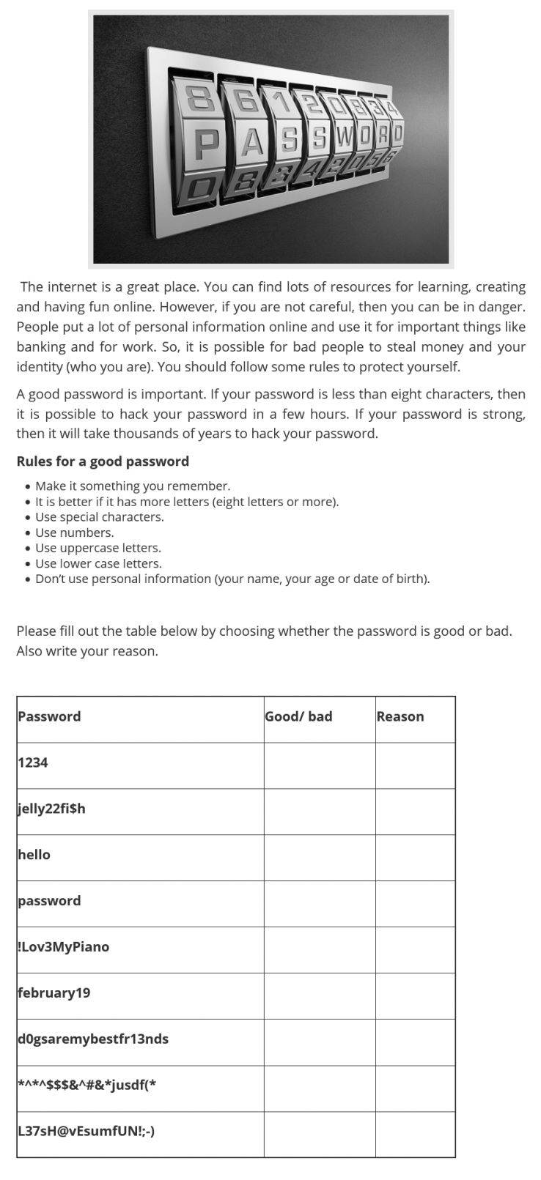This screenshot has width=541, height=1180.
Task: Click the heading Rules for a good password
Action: pos(103,461)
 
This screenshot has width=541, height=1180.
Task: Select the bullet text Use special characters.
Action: pos(100,517)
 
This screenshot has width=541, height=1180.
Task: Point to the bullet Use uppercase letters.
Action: pos(98,548)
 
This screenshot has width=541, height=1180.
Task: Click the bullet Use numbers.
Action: pos(75,533)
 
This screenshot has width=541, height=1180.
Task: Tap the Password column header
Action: pos(49,716)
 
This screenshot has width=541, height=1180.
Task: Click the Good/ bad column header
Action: pos(298,716)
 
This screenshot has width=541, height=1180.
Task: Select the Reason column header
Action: pos(400,716)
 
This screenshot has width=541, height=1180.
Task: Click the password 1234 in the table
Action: pos(33,762)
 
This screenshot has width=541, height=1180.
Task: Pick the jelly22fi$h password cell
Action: pos(51,809)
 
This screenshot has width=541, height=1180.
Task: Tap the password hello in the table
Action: pos(34,855)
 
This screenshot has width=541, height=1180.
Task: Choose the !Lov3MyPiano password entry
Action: pos(64,947)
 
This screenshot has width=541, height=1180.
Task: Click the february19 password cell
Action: pos(54,993)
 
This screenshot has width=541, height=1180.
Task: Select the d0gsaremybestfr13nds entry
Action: pos(93,1039)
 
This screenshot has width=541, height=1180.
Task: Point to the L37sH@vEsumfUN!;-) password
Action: pos(87,1131)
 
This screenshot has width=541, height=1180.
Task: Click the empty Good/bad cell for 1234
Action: pos(320,765)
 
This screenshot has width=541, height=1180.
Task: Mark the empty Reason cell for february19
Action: pos(415,996)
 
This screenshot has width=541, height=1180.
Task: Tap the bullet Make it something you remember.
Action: pos(133,486)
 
